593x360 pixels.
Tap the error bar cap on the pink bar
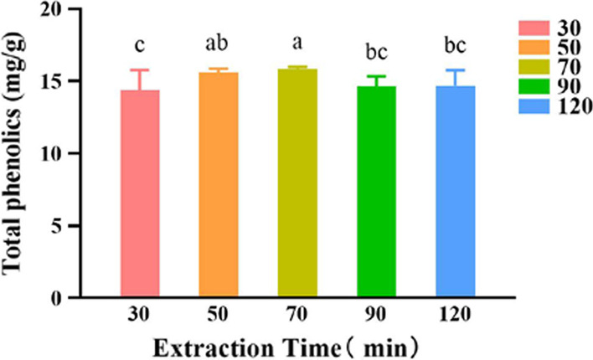tap(140, 70)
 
